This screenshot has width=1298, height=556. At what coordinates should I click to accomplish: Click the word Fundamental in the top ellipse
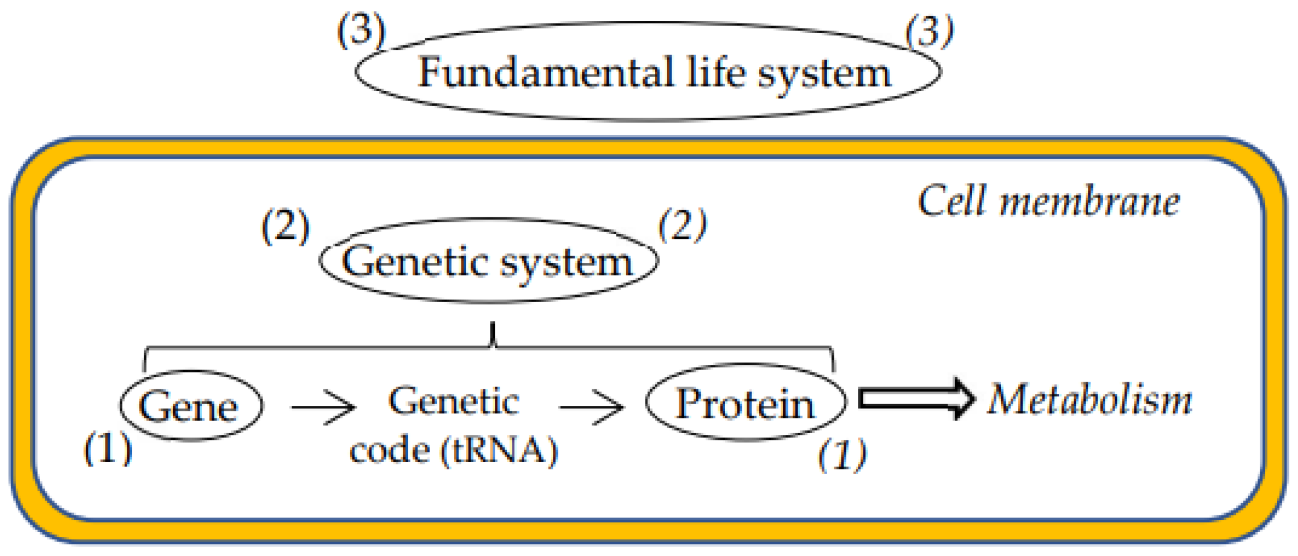coord(546,73)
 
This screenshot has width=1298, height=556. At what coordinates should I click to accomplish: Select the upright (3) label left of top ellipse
coord(361,30)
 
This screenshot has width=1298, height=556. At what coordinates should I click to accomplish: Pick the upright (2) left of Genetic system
coord(285,227)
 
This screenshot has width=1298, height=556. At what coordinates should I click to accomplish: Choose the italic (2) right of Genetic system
coord(682,225)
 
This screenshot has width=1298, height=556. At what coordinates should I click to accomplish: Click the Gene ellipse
coord(190,406)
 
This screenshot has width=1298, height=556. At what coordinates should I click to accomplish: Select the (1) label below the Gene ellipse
coord(107,449)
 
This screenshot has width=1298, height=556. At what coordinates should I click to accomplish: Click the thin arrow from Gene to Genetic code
coord(323,407)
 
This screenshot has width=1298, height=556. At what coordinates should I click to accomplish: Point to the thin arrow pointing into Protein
coord(591,407)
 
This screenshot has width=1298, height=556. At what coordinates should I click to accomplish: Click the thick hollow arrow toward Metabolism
coord(916,399)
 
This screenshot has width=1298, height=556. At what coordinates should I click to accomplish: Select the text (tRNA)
coord(499,450)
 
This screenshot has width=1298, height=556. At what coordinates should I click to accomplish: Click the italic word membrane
coord(1090,202)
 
